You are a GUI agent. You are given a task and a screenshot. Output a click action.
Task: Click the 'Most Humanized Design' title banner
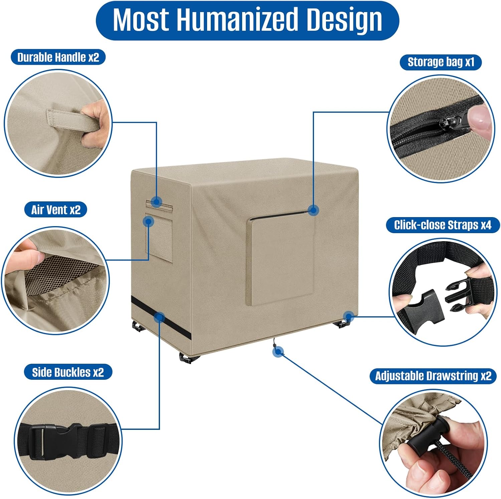coord(247,20)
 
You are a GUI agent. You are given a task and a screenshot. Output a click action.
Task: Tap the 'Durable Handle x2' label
coord(58,57)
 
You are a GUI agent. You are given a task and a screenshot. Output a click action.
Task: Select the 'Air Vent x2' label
coord(56,210)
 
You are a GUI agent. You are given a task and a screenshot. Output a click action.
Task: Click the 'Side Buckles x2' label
coord(68,372)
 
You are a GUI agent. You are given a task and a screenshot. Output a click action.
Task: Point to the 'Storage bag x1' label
coord(441,62)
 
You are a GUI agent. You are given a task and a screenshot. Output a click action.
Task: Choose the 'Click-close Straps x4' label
coord(443,225)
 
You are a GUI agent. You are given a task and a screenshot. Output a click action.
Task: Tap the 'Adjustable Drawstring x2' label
coord(433,376)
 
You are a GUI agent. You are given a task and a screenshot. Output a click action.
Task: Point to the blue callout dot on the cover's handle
coord(156,202)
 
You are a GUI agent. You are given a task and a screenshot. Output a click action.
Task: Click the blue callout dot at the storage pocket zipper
coord(313,210)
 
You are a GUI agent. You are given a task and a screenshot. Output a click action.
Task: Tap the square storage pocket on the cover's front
coord(281,259)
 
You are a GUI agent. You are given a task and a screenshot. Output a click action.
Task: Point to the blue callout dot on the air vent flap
coord(148,221)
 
